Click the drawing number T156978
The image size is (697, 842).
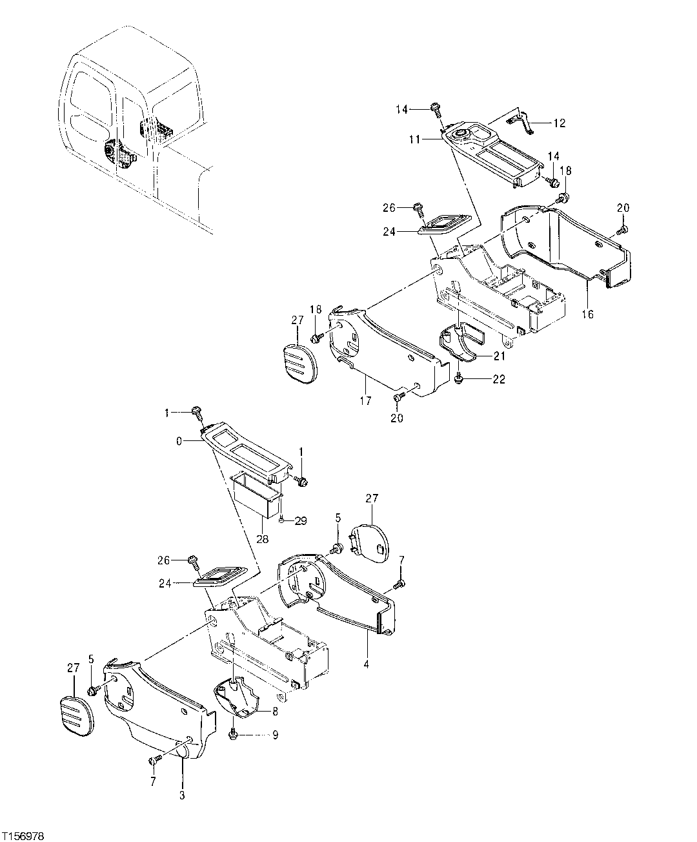pos(23,836)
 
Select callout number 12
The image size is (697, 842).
pos(559,123)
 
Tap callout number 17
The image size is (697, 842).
pos(366,401)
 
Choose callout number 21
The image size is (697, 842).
pos(500,356)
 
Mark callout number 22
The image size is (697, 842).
pos(499,379)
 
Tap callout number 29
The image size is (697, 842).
pos(301,520)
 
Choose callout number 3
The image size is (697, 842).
pos(182,796)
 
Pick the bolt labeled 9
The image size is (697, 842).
pos(234,734)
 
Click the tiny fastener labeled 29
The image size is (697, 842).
pos(282,519)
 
